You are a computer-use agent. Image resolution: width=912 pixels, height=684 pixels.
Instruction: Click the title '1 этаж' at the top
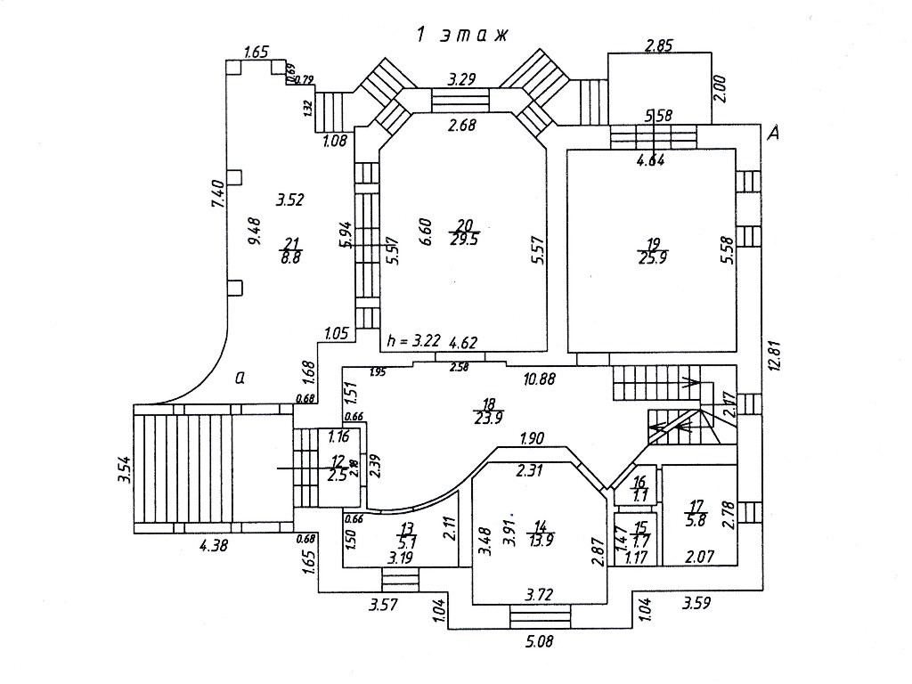click(461, 35)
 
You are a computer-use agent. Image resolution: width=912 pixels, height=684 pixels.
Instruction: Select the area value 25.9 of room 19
click(652, 257)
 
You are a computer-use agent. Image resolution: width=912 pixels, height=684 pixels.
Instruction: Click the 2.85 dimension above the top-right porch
click(658, 46)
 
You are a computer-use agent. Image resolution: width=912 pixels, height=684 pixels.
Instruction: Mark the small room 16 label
click(639, 489)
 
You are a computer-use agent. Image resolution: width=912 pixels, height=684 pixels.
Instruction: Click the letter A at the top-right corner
click(774, 133)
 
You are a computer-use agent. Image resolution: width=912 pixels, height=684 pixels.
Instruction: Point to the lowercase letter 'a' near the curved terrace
click(240, 378)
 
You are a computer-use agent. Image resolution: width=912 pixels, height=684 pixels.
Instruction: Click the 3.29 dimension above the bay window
click(461, 78)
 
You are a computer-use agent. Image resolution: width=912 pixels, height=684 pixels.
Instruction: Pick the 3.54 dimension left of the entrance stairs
click(124, 472)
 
